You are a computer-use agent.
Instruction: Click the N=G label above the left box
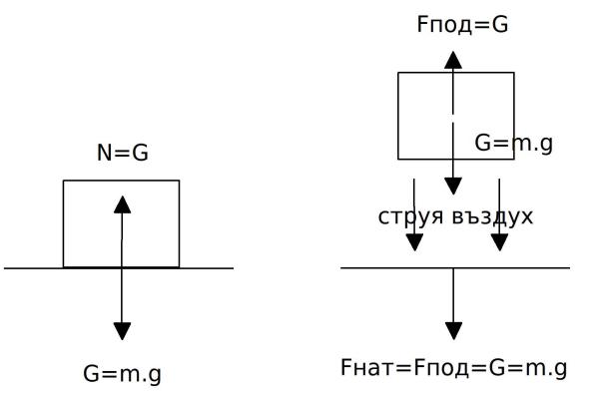[123, 153]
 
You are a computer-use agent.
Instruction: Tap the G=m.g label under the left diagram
[122, 374]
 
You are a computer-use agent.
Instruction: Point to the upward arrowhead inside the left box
[122, 204]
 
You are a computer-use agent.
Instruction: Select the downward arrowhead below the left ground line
[122, 331]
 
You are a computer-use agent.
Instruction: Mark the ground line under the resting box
[119, 268]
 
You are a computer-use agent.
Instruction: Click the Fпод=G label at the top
[462, 24]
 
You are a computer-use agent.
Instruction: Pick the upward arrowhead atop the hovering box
[453, 60]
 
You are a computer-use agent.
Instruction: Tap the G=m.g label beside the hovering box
[514, 144]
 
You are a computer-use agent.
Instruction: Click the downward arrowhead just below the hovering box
[453, 187]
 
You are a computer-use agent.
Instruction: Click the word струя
[411, 216]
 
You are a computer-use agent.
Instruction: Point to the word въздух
[492, 216]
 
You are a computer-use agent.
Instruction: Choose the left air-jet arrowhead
[414, 242]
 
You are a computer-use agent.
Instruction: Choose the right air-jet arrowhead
[499, 242]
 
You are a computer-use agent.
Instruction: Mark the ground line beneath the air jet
[455, 268]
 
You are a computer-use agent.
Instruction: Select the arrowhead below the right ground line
[453, 331]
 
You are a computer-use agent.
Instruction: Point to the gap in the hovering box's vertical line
[452, 119]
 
